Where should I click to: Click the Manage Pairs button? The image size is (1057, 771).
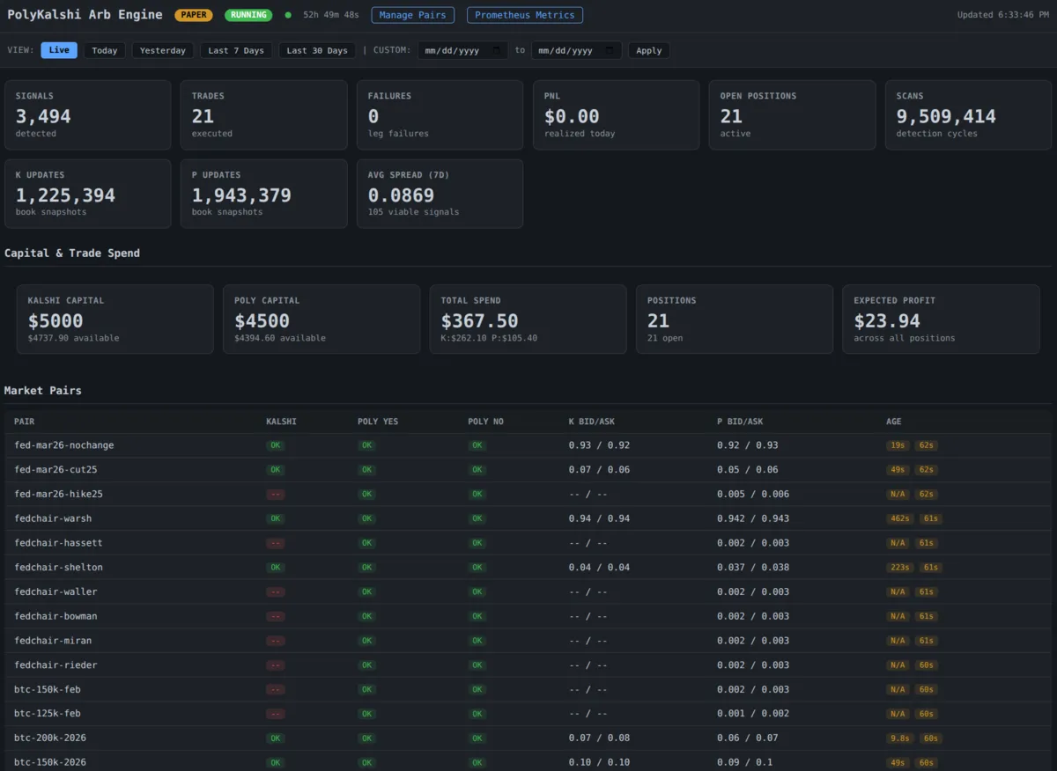413,15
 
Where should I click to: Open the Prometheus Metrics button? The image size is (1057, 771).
524,15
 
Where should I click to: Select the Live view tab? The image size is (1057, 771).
59,50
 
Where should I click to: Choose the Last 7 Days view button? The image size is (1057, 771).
236,50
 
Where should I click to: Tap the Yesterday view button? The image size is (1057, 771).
163,50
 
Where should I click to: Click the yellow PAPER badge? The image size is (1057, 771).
193,15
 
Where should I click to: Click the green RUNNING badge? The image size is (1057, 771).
248,15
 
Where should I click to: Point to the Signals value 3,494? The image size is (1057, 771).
43,116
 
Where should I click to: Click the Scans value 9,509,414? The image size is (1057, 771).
946,116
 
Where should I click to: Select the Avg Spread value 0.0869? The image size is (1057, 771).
401,195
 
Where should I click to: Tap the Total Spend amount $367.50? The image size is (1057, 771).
479,321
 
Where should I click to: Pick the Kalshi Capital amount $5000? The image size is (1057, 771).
55,321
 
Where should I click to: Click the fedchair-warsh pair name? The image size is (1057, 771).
53,518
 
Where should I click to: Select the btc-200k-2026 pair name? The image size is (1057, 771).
50,738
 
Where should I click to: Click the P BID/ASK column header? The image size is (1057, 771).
740,422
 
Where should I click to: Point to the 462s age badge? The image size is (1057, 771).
899,518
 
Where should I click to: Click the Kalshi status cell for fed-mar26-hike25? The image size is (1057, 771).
276,494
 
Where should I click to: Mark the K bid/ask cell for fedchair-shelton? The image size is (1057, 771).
599,567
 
